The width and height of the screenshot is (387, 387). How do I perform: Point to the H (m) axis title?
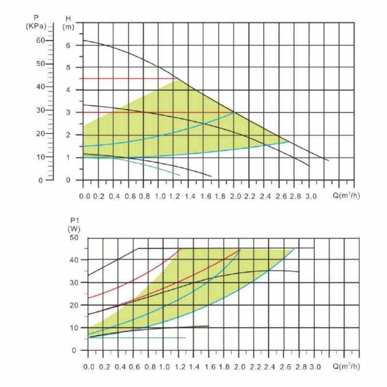pyautogui.click(x=69, y=22)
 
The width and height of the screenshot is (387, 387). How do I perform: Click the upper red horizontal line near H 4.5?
pyautogui.click(x=128, y=78)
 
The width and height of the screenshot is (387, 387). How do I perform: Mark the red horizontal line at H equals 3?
pyautogui.click(x=155, y=112)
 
